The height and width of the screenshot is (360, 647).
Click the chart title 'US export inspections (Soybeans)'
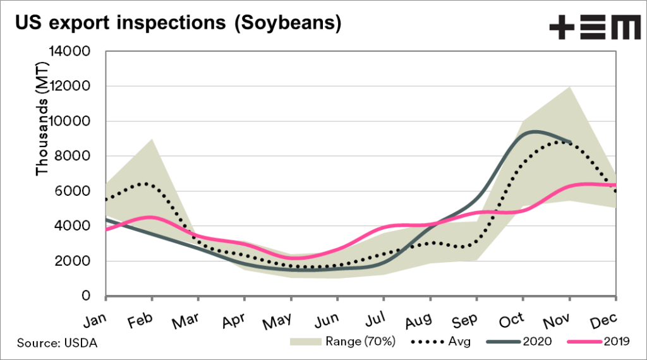pyautogui.click(x=178, y=24)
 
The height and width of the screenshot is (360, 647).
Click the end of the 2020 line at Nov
pyautogui.click(x=571, y=142)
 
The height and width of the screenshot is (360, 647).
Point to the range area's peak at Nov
pyautogui.click(x=571, y=87)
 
